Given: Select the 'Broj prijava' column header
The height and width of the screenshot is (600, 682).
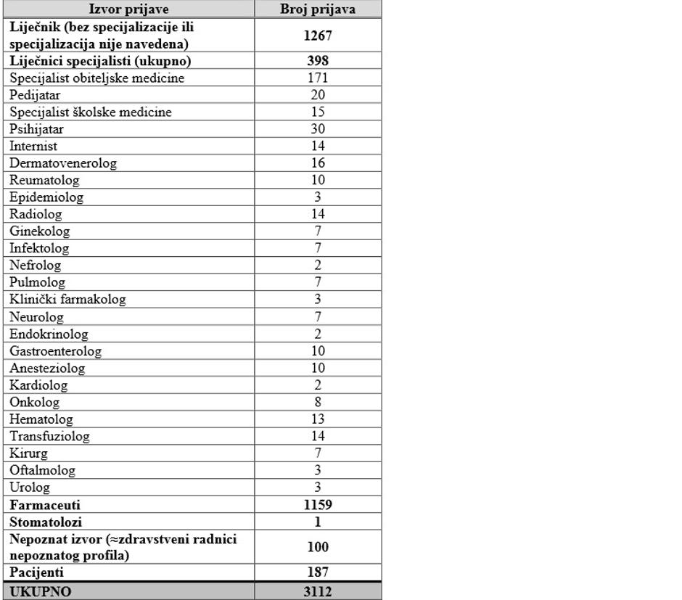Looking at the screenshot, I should tap(318, 9).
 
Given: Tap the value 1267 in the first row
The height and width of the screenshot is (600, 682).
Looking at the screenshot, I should tap(318, 36).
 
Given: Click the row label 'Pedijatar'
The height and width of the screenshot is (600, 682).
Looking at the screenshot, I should tap(34, 95).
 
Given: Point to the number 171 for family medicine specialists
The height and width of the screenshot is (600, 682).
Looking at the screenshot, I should tap(318, 78).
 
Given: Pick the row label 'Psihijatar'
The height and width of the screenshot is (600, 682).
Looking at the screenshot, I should tap(36, 129).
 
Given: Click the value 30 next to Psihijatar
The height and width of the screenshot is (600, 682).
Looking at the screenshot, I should tap(318, 129).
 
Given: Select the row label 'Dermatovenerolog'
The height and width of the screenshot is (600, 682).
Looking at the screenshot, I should tap(63, 163).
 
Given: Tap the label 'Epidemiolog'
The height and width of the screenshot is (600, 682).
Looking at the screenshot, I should tap(46, 197).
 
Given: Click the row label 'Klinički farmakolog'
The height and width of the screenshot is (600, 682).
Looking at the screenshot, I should tap(67, 300).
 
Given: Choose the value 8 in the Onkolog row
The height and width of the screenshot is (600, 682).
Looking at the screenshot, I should tap(318, 402).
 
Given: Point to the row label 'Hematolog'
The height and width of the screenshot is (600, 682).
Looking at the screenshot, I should tap(41, 419).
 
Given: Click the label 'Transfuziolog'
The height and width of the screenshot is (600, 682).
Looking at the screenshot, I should tap(49, 436).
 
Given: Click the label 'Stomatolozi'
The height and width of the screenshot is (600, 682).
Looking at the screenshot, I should tap(46, 522).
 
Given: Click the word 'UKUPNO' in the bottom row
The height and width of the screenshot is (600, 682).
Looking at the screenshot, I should tap(41, 591).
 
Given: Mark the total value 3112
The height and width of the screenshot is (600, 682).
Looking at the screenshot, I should tap(318, 591).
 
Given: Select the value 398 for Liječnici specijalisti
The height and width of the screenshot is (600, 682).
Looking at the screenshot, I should tap(318, 61).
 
